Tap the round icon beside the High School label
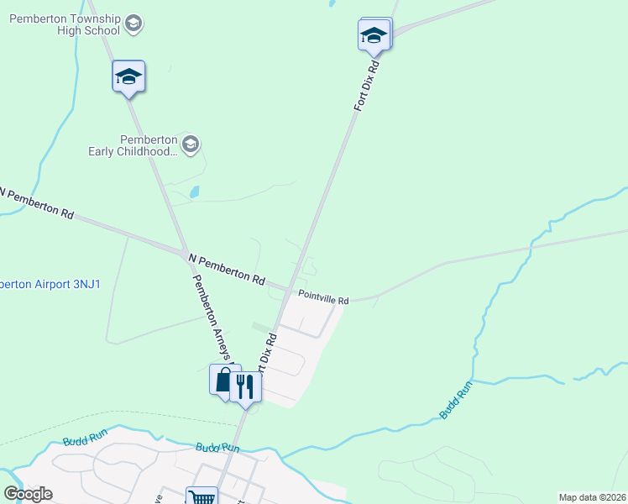coord(133,24)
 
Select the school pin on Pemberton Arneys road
coord(128,77)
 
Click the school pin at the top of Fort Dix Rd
coord(374,36)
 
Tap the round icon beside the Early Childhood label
coord(191,144)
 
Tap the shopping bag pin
coord(224,380)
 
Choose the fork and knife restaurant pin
coord(245,387)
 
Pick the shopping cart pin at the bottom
coord(201,496)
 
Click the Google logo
coord(28,494)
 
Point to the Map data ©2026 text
coord(592,497)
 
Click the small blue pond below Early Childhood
coord(195,192)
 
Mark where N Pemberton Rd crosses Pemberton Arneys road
coord(182,251)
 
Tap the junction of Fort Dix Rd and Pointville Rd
coord(295,291)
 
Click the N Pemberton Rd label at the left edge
coord(38,203)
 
